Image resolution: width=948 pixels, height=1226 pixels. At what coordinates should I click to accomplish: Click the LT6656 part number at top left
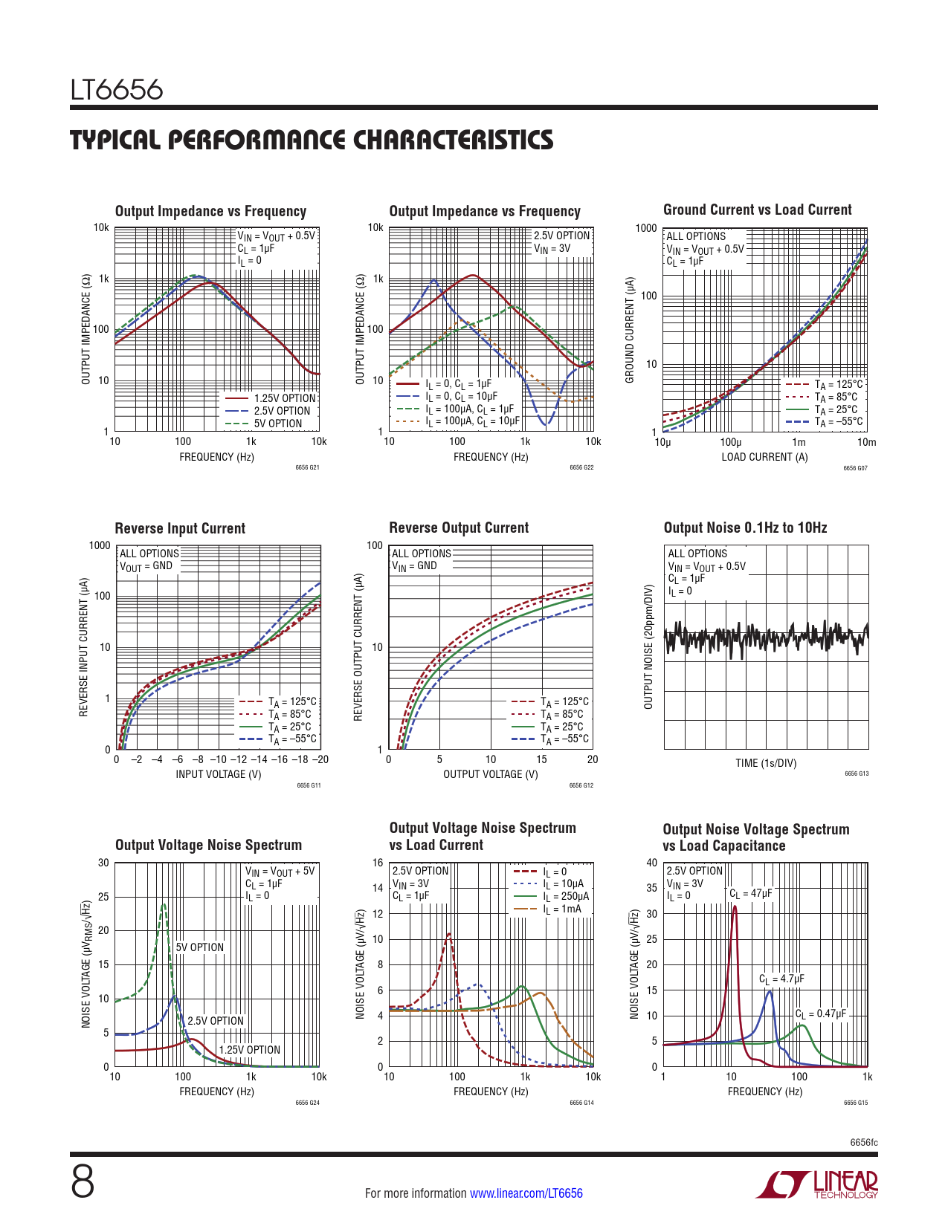coord(117,90)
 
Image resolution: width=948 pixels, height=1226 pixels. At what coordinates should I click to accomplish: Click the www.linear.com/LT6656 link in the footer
coord(526,1193)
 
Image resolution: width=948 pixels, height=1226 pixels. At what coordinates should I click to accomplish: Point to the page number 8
coord(83,1182)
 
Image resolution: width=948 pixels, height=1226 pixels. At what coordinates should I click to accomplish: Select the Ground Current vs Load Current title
coord(757,210)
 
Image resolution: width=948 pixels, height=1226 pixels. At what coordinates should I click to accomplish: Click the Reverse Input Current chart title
coord(180,528)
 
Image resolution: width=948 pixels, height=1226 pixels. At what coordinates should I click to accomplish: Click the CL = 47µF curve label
coord(750,893)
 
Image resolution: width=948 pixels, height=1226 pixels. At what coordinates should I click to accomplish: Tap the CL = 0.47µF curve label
coord(821,1013)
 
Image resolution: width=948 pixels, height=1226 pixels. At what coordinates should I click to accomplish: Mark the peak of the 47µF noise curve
coord(735,906)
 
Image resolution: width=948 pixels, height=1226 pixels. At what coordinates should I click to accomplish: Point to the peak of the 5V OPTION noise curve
coord(164,904)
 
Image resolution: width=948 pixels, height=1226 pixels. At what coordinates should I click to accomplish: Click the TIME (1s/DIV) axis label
coord(766,763)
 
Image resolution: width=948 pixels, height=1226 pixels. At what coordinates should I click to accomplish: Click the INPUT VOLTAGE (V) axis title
coord(219,774)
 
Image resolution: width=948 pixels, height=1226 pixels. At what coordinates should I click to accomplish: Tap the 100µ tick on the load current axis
coord(730,442)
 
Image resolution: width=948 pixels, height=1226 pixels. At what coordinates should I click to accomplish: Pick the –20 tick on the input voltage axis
coord(320,759)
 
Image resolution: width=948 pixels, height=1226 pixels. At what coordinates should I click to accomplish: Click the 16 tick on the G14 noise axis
coord(378,863)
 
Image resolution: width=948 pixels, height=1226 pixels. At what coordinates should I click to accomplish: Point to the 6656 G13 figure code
coord(857,773)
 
